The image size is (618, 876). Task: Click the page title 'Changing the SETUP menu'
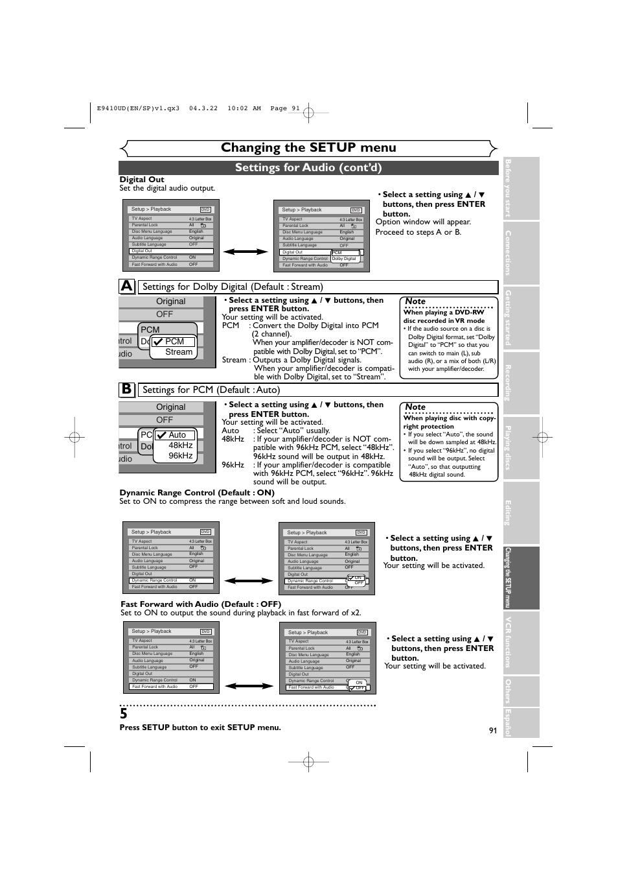tap(308, 148)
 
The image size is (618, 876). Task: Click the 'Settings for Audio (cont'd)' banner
tap(308, 168)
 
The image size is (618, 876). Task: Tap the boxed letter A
tap(127, 286)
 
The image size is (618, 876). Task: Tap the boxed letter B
tap(127, 389)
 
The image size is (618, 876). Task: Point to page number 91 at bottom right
tap(493, 730)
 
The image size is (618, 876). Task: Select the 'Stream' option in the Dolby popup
tap(179, 352)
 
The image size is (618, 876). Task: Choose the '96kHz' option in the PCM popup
tap(181, 456)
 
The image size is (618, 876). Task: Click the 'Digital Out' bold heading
tap(142, 180)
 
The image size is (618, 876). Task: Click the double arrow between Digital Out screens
tap(246, 252)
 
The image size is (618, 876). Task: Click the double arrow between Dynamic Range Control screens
tap(249, 581)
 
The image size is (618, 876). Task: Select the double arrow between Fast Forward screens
tap(249, 686)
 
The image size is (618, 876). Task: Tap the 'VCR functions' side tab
tap(521, 642)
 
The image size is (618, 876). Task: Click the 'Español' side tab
tap(521, 722)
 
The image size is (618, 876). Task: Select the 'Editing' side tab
tap(521, 512)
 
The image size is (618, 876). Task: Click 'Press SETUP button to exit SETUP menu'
tap(200, 728)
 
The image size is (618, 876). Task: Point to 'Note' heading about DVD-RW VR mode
tap(415, 302)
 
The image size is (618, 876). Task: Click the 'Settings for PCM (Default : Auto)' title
tap(211, 390)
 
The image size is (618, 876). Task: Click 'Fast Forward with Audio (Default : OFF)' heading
tap(201, 604)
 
